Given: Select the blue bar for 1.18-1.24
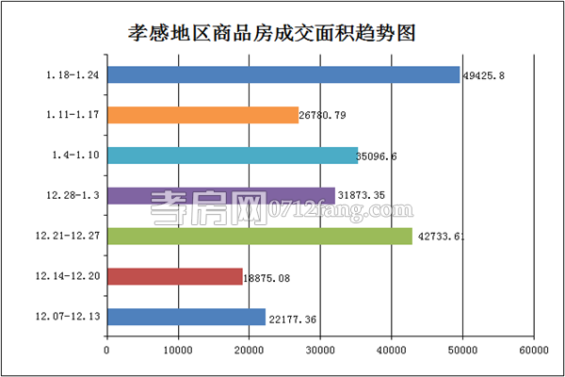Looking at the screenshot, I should pos(282,74).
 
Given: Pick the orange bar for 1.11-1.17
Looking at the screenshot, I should pos(202,115).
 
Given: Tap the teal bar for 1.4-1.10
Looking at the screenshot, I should pos(232,156).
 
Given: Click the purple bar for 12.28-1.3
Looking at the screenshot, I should pos(220,196).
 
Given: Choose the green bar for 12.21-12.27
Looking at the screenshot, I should pos(259,236).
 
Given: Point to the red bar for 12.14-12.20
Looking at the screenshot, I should pos(174,276).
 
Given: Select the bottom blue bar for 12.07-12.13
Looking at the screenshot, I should pos(186,317).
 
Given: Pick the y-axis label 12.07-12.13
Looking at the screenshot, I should pos(71,317).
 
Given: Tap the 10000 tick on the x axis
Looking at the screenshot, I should pos(178,350).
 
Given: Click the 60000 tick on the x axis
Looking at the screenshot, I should pos(533,350).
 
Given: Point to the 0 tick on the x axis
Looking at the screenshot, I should pos(107,350).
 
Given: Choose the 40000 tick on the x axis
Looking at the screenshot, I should pos(391,350).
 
